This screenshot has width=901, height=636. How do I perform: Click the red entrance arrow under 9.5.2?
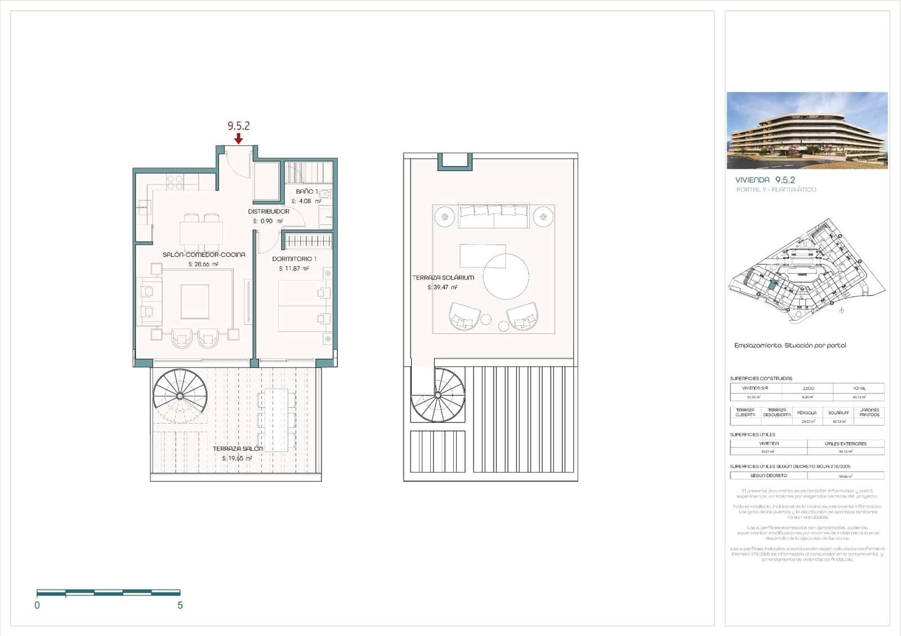[239, 138]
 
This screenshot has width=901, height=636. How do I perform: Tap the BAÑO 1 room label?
[307, 192]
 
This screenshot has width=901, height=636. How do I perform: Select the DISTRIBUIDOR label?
[269, 212]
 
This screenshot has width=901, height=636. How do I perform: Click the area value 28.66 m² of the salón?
[203, 264]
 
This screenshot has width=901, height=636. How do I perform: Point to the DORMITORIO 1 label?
[294, 259]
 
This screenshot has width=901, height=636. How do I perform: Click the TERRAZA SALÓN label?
[238, 449]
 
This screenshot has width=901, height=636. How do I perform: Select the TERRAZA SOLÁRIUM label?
[443, 277]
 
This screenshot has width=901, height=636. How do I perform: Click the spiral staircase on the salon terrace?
[180, 396]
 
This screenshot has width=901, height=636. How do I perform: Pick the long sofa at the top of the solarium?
[493, 217]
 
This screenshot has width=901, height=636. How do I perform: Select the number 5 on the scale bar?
[180, 606]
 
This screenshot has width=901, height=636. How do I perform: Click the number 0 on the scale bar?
[37, 606]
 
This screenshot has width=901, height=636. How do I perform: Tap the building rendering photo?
[807, 131]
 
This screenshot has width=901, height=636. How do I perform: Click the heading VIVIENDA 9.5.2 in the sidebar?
[765, 180]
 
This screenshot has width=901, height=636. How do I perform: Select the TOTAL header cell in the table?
[859, 388]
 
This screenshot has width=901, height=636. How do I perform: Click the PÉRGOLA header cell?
[806, 413]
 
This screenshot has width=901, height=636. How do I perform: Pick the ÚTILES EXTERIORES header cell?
[845, 444]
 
